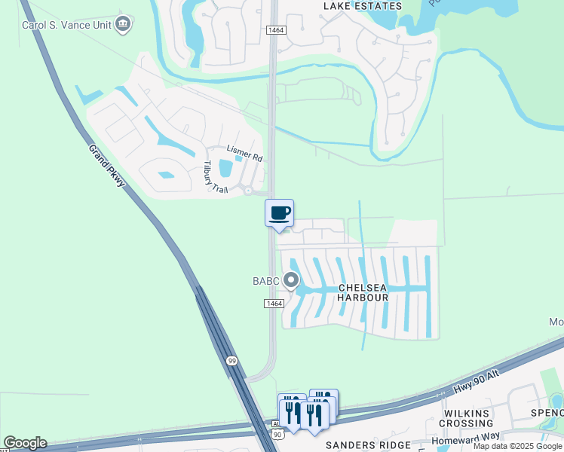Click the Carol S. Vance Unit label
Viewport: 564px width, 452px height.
click(66, 24)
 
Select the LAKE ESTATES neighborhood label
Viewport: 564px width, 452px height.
click(362, 5)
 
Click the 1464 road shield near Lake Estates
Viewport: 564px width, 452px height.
click(274, 29)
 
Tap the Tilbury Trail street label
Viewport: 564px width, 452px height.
click(216, 177)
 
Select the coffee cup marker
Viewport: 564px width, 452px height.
click(279, 212)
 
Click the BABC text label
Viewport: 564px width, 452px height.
click(266, 282)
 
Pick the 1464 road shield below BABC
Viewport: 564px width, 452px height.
click(274, 303)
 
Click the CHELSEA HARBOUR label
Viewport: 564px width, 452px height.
click(363, 292)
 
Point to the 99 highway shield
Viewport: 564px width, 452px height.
click(232, 362)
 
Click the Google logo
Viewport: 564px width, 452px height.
click(25, 443)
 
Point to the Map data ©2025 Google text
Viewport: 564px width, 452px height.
click(518, 446)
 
